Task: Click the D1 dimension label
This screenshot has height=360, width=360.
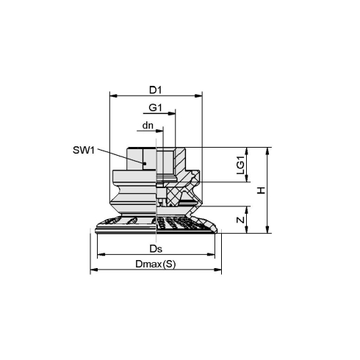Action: point(156,90)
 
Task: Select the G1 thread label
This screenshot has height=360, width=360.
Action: point(156,107)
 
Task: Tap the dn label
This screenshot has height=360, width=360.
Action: point(148,126)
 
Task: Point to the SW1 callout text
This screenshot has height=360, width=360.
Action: point(84,150)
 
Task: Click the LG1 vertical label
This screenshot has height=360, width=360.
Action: point(241,165)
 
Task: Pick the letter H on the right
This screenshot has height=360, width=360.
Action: point(262,190)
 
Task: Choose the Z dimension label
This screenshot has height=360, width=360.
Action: point(241,220)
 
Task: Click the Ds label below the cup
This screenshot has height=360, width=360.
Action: point(156,249)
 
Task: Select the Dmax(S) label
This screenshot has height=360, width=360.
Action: point(156,264)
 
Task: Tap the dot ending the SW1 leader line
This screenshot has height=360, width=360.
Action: point(145,164)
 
